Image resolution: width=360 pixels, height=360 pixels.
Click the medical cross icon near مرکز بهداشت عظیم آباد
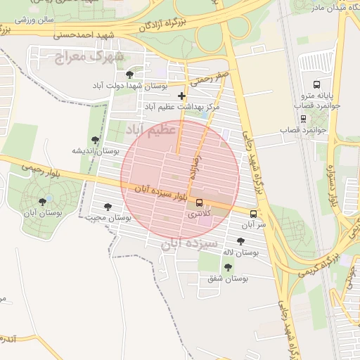pyautogui.click(x=182, y=96)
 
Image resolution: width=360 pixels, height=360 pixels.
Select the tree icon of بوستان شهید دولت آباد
pyautogui.click(x=129, y=74)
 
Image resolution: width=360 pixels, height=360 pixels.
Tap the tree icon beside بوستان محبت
pyautogui.click(x=108, y=207)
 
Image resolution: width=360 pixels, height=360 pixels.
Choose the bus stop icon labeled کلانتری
pyautogui.click(x=199, y=202)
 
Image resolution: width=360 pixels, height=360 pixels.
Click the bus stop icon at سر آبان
pyautogui.click(x=253, y=214)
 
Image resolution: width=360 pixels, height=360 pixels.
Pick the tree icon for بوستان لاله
pyautogui.click(x=240, y=241)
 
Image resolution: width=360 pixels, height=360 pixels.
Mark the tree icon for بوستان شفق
pyautogui.click(x=228, y=267)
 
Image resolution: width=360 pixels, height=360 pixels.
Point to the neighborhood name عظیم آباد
pyautogui.click(x=150, y=130)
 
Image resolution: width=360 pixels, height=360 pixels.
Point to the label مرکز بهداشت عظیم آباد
pyautogui.click(x=182, y=107)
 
